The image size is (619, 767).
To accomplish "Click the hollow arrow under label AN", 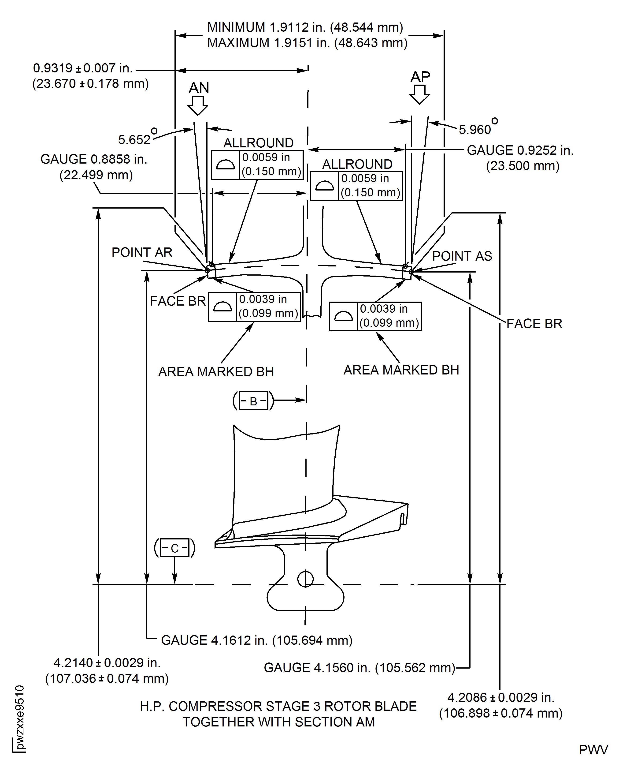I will [x=197, y=106].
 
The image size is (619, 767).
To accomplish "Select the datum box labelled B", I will [x=253, y=401].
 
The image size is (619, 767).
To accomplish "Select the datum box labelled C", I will [x=174, y=548].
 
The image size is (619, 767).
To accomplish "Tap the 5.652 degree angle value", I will [x=135, y=139].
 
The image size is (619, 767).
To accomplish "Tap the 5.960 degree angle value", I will [x=475, y=130].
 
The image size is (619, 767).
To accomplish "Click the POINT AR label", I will [x=142, y=252].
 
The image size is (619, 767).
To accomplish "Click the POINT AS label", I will [x=462, y=256].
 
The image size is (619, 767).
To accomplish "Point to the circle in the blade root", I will [x=305, y=579].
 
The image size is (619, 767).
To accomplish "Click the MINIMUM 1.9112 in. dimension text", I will [x=305, y=27].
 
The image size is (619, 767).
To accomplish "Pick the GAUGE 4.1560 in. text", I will [x=360, y=667].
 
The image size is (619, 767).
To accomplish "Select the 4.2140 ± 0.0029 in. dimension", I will [x=107, y=663].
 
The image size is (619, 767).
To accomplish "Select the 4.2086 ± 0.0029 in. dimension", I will [x=501, y=697].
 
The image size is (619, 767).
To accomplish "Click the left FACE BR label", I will [x=178, y=301].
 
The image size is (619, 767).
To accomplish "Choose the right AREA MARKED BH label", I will [x=401, y=370].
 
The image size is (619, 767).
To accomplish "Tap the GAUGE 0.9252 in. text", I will [x=520, y=150].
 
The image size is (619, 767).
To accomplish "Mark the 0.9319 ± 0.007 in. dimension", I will [x=83, y=68].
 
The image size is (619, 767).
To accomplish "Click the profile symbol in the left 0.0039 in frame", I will [x=222, y=307].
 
